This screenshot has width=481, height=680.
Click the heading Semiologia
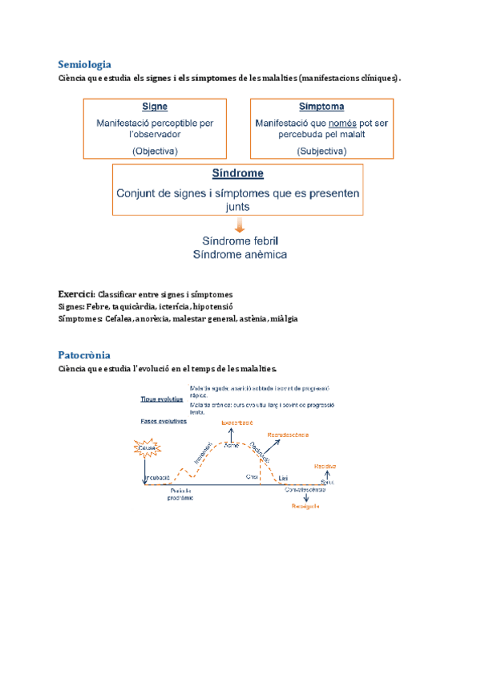[x=84, y=64]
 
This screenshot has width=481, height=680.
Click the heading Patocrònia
[x=83, y=354]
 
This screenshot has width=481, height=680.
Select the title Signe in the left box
[x=155, y=107]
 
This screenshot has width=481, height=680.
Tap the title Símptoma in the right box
[x=321, y=107]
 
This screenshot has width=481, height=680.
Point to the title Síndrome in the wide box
[x=237, y=173]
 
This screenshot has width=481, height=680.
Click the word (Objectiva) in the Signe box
[x=156, y=150]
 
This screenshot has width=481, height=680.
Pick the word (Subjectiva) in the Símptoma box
[x=321, y=150]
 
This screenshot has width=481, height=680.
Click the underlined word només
[x=342, y=123]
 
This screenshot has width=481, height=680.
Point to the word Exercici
[x=76, y=294]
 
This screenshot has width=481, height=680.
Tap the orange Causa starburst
[x=147, y=448]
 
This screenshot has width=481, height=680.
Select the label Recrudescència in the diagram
[x=289, y=434]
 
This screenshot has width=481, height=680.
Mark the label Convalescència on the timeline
[x=305, y=488]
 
